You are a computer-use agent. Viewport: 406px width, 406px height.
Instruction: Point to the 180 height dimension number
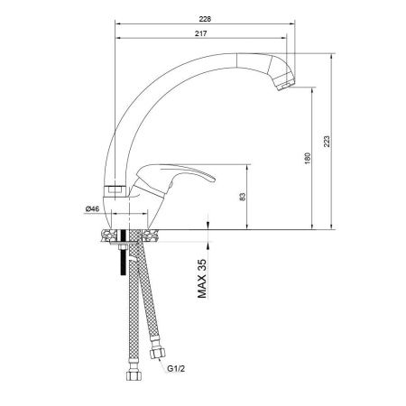[x=308, y=159]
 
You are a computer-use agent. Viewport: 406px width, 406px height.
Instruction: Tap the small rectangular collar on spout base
[x=114, y=189]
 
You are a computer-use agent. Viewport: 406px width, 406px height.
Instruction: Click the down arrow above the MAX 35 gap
[x=208, y=224]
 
